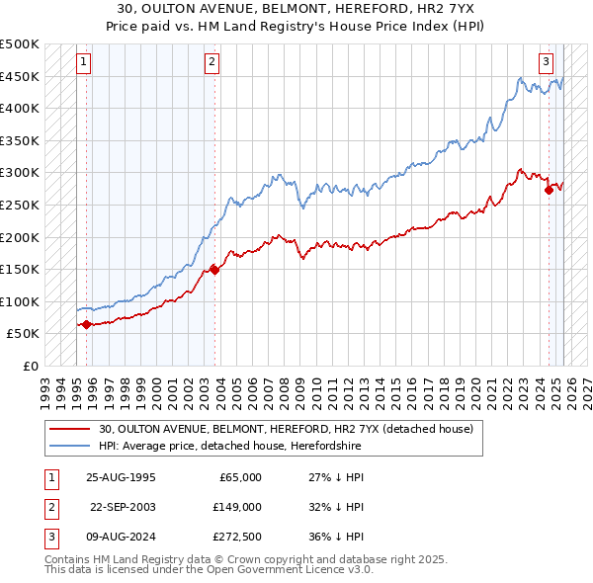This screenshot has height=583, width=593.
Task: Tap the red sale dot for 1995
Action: pyautogui.click(x=87, y=324)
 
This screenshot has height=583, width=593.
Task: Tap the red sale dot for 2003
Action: pyautogui.click(x=214, y=270)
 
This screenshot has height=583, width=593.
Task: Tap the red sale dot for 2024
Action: pyautogui.click(x=549, y=191)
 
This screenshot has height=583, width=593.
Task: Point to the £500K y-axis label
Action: pyautogui.click(x=20, y=44)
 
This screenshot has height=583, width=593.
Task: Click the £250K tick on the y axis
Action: pyautogui.click(x=20, y=205)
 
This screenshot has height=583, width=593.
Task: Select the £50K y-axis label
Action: pyautogui.click(x=24, y=334)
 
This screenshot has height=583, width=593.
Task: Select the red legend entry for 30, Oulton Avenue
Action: pyautogui.click(x=287, y=429)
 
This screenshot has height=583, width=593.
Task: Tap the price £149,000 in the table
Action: pyautogui.click(x=237, y=507)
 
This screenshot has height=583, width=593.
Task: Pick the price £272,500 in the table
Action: pyautogui.click(x=237, y=537)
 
